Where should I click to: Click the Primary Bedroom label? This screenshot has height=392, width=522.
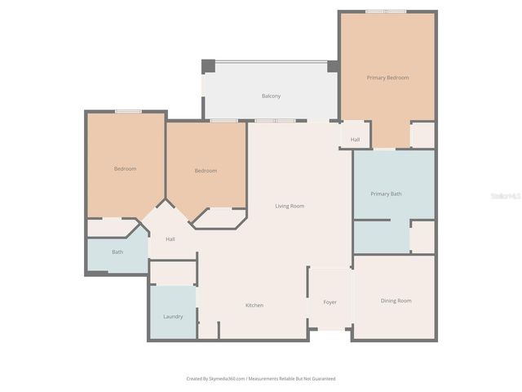pyautogui.click(x=387, y=78)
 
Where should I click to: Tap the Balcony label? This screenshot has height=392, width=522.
pyautogui.click(x=272, y=96)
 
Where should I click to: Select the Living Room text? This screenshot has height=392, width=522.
pyautogui.click(x=290, y=206)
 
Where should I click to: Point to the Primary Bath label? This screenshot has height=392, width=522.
pyautogui.click(x=386, y=194)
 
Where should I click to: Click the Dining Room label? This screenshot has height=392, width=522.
pyautogui.click(x=396, y=301)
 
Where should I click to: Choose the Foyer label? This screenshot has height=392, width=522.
pyautogui.click(x=330, y=302)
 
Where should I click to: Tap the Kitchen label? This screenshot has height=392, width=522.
pyautogui.click(x=254, y=305)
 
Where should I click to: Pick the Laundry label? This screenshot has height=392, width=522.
pyautogui.click(x=173, y=316)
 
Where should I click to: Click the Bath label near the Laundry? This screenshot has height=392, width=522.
pyautogui.click(x=117, y=252)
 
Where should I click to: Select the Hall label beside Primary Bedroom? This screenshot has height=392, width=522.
pyautogui.click(x=355, y=140)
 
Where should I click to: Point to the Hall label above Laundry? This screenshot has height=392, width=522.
pyautogui.click(x=170, y=239)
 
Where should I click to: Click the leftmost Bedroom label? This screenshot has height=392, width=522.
pyautogui.click(x=125, y=168)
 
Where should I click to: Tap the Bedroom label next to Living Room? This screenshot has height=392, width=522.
pyautogui.click(x=206, y=171)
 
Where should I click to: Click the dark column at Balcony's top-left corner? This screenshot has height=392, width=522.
pyautogui.click(x=208, y=66)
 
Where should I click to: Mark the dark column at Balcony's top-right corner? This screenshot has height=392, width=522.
pyautogui.click(x=333, y=66)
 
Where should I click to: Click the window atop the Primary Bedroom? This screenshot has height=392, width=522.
pyautogui.click(x=385, y=11)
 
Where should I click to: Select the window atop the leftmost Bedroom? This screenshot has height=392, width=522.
pyautogui.click(x=128, y=111)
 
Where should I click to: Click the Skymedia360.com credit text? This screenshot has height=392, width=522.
pyautogui.click(x=215, y=378)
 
